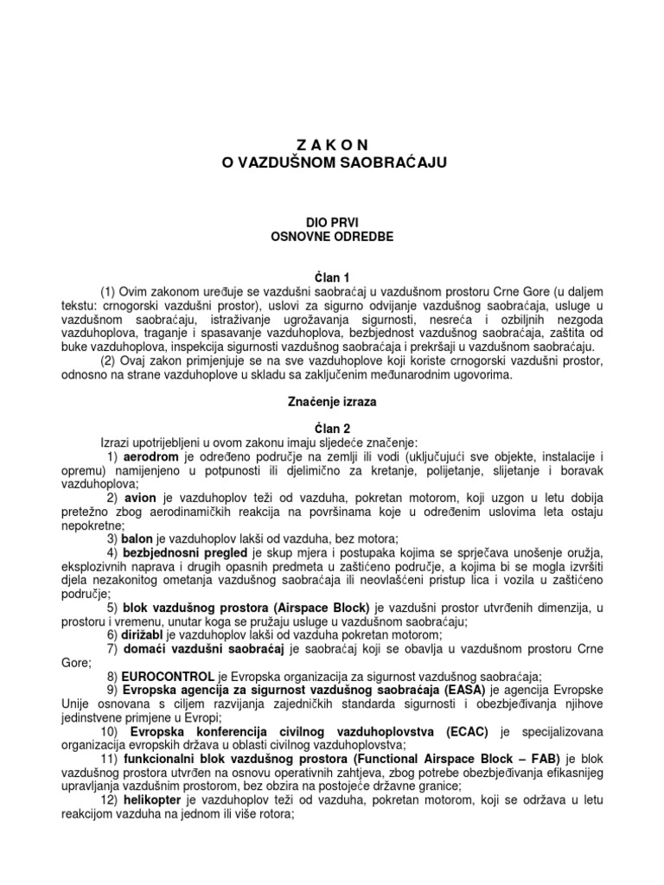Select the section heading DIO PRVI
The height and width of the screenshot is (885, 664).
[x=332, y=222]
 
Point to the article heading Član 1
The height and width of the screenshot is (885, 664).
[x=332, y=277]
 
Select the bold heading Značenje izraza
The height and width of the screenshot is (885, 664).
[x=332, y=401]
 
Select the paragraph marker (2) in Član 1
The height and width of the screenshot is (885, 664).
[x=110, y=360]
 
